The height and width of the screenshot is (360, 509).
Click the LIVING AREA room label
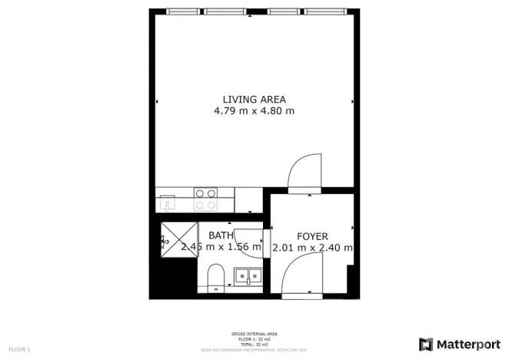pos(254,99)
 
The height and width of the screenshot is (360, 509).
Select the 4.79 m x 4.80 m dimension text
pos(254,111)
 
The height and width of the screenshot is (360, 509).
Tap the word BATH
pos(221,235)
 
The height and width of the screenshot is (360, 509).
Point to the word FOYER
pos(312,236)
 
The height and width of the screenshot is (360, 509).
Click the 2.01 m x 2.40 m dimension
pos(312,248)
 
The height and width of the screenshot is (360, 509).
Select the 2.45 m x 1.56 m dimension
pos(221,248)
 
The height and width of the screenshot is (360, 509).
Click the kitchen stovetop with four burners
pos(205,199)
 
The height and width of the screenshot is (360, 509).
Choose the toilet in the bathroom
pos(216,276)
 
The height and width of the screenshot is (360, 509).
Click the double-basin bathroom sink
pos(249,275)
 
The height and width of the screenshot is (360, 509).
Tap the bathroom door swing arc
pos(250,245)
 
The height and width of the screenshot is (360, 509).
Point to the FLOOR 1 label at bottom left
pos(19,350)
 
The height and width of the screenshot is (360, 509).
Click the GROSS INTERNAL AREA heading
pos(254,334)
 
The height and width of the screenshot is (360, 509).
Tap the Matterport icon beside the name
pos(426,343)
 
